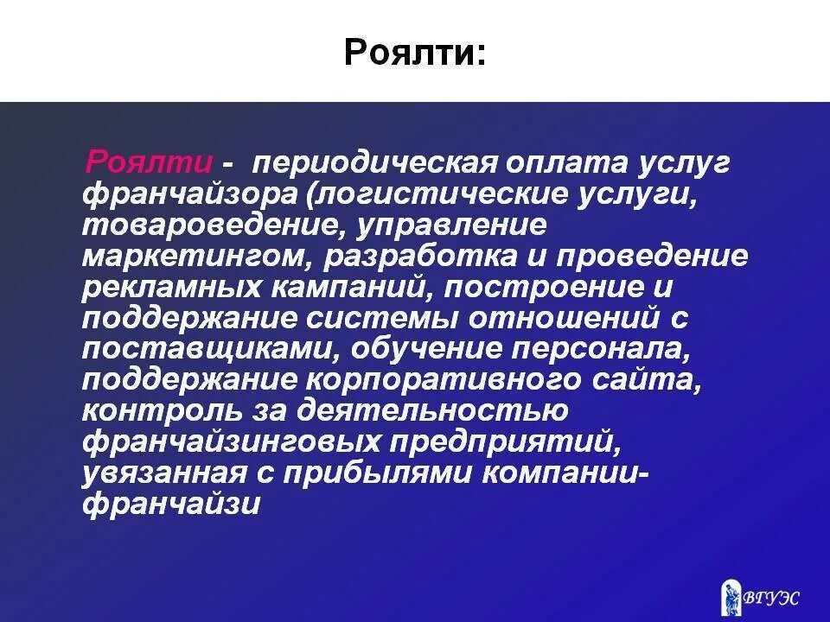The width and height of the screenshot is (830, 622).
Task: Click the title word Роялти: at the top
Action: (415, 53)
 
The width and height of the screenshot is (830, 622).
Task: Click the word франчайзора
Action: (188, 194)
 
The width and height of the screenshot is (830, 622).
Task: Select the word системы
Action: (381, 319)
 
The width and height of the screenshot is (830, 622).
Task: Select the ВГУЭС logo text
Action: (771, 597)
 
